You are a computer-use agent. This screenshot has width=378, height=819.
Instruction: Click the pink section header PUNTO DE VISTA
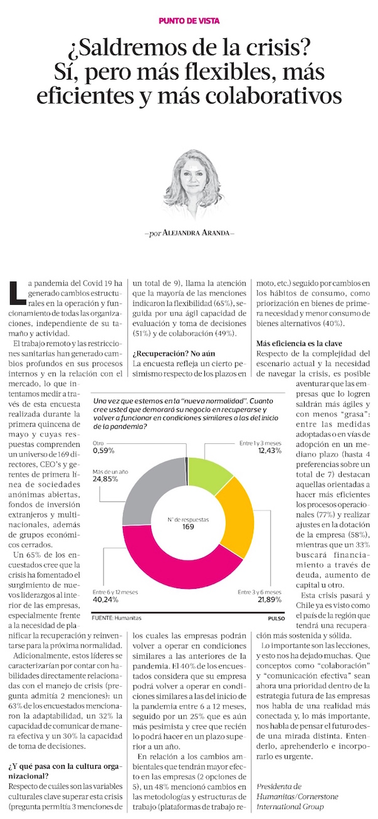coord(189,20)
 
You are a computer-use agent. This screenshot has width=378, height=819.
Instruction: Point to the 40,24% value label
coord(108,600)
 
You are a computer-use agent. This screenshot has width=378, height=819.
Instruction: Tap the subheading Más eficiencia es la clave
coord(298,344)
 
